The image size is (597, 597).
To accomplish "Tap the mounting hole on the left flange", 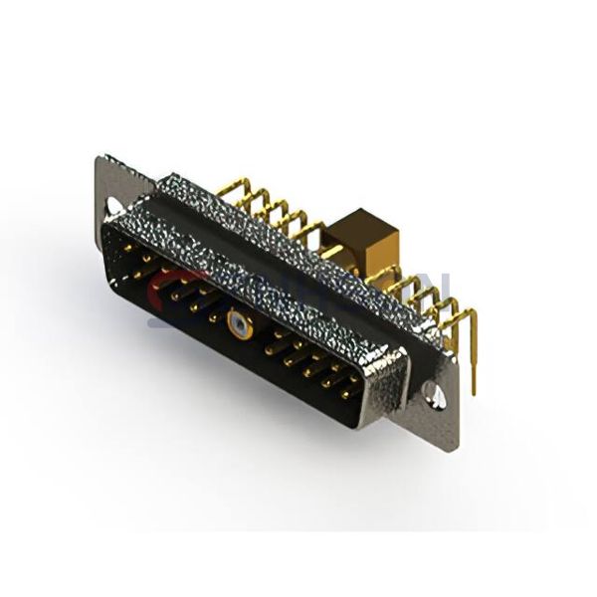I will [114, 205].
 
